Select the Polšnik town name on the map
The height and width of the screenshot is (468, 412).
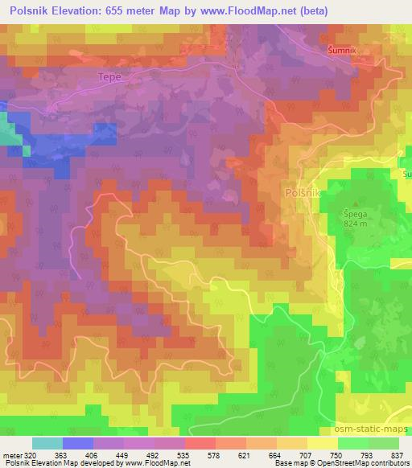pyautogui.click(x=303, y=193)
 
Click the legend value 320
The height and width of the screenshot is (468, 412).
pyautogui.click(x=29, y=455)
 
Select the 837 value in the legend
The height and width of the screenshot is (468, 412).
pyautogui.click(x=397, y=455)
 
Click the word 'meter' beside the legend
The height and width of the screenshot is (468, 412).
pyautogui.click(x=10, y=455)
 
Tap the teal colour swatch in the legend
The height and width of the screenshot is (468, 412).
pyautogui.click(x=46, y=443)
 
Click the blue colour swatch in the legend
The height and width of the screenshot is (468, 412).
pyautogui.click(x=78, y=443)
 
